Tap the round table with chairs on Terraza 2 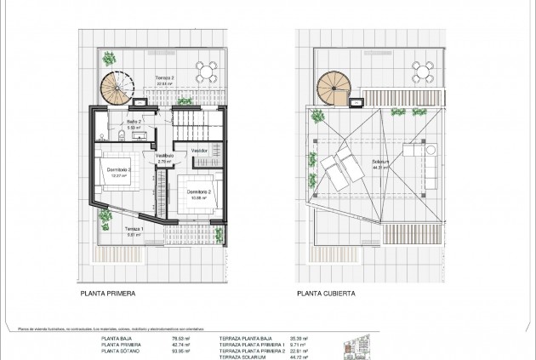point(204,69)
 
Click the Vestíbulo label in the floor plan point(164,157)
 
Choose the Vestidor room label point(199,151)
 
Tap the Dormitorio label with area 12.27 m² point(119,172)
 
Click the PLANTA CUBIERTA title point(327,292)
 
